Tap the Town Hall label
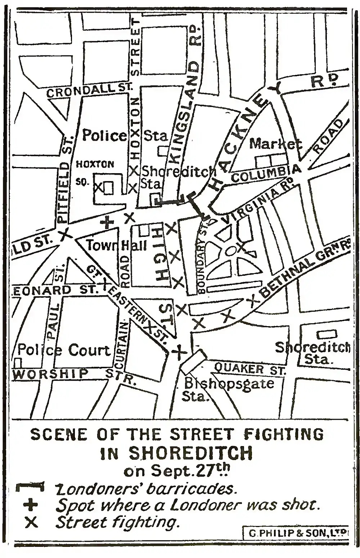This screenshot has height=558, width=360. point(117,246)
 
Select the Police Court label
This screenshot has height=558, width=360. point(64,350)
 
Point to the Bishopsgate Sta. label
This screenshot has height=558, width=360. point(229,389)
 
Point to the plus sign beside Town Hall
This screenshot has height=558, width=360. point(107,222)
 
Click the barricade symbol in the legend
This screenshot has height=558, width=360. point(30,487)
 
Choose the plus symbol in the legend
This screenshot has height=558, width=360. point(30,505)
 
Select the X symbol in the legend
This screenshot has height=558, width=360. point(31,522)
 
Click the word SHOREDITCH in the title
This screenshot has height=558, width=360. point(190,453)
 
